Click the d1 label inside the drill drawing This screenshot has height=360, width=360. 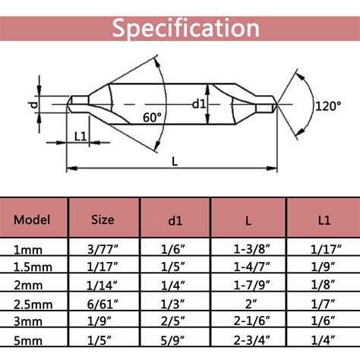pos(200,103)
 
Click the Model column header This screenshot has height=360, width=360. pos(33,220)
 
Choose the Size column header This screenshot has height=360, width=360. pos(103,220)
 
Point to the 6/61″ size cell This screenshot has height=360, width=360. pos(103,303)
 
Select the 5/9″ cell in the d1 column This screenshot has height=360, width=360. pos(175,339)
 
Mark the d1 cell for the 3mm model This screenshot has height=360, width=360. pos(175,321)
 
